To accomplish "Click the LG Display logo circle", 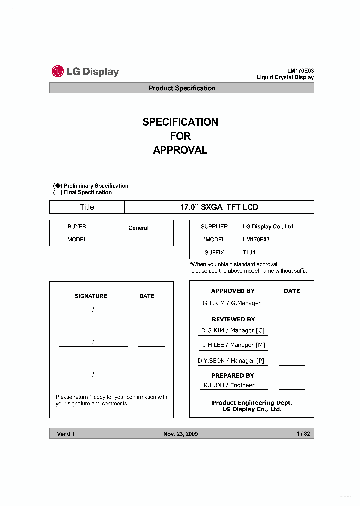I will (x=58, y=71).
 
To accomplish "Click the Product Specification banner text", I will (x=182, y=88).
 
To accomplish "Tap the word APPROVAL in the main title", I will (x=180, y=150).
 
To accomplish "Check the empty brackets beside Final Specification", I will (x=58, y=192).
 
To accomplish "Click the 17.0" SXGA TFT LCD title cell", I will (x=219, y=207).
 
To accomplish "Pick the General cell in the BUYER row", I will (x=138, y=228).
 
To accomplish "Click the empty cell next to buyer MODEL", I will (x=139, y=240).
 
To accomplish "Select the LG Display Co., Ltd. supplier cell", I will (x=269, y=227).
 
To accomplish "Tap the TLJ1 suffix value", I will (x=250, y=253).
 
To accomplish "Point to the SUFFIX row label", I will (x=214, y=253).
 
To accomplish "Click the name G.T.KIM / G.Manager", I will (x=231, y=303).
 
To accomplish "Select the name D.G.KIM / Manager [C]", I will (x=233, y=331).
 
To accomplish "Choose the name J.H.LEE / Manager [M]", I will (x=233, y=345).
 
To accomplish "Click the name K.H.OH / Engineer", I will (x=229, y=385).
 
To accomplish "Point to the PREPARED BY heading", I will (x=232, y=375).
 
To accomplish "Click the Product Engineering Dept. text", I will (x=252, y=403).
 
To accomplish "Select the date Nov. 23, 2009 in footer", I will (x=180, y=434).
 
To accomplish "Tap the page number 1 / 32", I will (x=303, y=434).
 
